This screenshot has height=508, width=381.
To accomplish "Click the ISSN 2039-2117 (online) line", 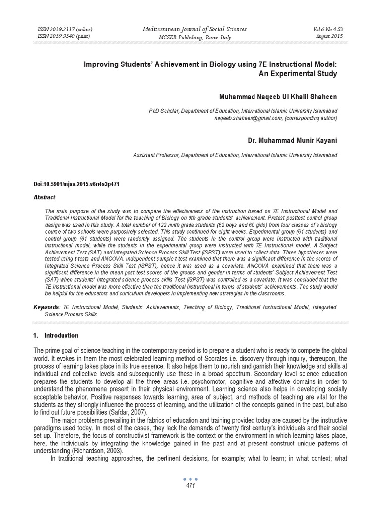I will [x=65, y=29].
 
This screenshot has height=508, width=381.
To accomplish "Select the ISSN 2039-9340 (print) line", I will [x=64, y=36].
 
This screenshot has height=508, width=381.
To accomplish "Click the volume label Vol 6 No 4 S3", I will [x=328, y=29].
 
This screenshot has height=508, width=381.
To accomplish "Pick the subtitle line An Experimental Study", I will [x=298, y=74].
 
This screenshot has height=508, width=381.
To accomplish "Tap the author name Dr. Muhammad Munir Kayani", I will [x=293, y=141].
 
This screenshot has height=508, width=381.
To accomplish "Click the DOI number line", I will [x=76, y=184].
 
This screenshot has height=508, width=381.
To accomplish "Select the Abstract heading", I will [x=44, y=197].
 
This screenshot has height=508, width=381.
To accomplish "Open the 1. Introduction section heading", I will [x=56, y=335].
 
